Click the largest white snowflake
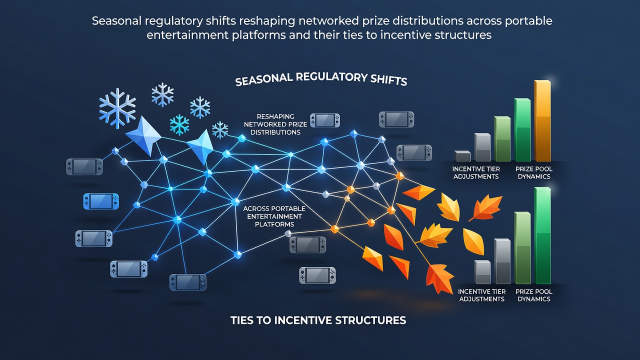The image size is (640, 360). tap(117, 108)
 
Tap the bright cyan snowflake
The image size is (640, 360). tap(179, 125)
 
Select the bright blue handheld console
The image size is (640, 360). tap(101, 201)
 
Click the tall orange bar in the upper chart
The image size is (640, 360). tap(542, 120)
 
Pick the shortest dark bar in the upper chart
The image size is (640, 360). tap(462, 156)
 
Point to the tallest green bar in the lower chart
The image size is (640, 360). tap(542, 235)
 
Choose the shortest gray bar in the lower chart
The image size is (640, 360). tap(482, 272)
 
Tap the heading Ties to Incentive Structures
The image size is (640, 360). tap(318, 320)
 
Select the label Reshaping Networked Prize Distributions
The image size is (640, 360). tap(275, 124)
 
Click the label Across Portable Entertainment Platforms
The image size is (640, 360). tap(274, 216)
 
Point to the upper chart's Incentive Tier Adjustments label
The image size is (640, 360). tap(476, 172)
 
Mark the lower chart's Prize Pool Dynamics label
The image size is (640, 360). tap(534, 295)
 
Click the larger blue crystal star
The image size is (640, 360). tap(143, 135)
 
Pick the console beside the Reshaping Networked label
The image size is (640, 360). tap(325, 120)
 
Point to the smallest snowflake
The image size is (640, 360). tap(220, 130)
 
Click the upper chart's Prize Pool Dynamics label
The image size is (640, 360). tap(534, 172)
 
